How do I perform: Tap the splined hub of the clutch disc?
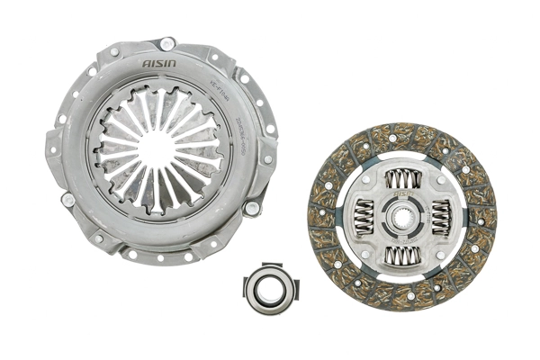coord(402,217)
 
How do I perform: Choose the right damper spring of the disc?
coord(440,217)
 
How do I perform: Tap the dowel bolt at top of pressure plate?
coord(167,44)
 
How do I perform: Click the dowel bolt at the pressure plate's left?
coord(67,200)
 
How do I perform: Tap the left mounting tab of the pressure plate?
coord(52,144)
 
